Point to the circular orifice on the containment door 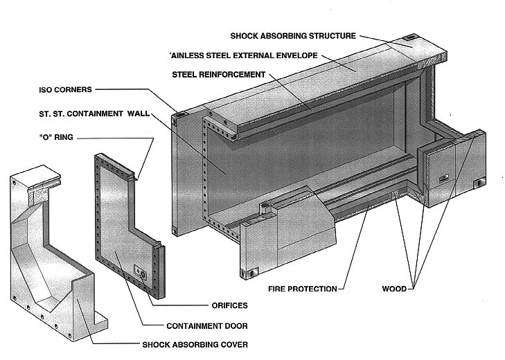pos(144,274)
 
